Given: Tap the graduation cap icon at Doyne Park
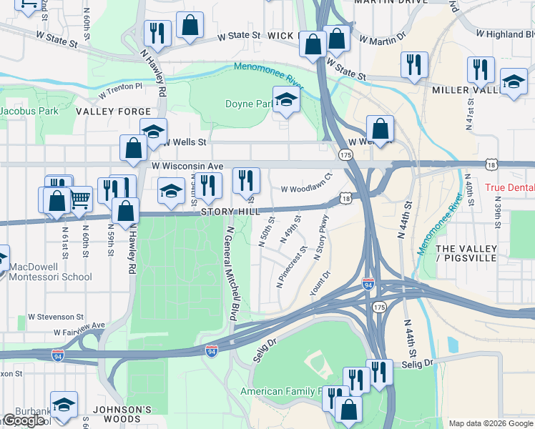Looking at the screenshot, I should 286,99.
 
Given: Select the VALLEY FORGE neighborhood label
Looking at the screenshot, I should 114,112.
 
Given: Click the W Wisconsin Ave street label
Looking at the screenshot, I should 187,166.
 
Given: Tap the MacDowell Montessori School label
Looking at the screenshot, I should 50,272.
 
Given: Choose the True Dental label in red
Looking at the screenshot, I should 509,188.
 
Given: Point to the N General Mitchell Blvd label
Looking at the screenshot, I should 230,274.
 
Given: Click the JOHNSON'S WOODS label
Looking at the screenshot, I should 117,410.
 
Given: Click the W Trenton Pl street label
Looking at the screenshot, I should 120,87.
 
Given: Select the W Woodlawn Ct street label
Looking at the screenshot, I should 307,189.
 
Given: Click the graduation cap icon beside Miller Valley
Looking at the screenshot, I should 514,82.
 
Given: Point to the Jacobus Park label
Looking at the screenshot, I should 29,112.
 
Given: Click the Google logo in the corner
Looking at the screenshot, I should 24,420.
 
